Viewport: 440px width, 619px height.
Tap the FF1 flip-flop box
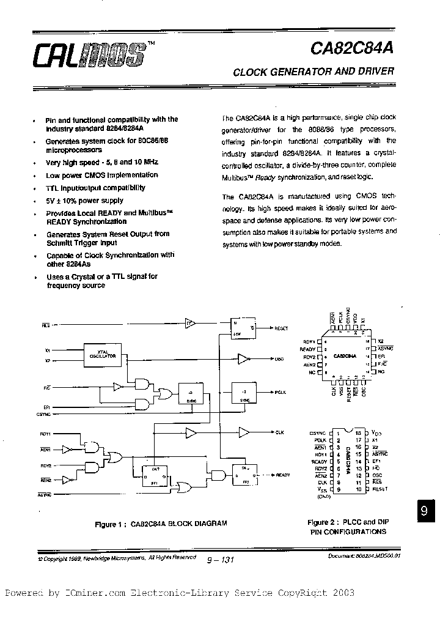[x=154, y=474]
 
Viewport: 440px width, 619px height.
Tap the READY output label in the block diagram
[x=282, y=475]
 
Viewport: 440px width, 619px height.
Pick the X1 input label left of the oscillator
[x=47, y=351]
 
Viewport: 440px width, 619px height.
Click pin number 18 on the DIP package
[x=359, y=432]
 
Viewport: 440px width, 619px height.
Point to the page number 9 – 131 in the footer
[x=220, y=559]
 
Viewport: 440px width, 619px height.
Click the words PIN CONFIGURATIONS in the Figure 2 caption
[x=348, y=532]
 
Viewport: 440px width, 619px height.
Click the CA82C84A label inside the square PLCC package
[x=345, y=355]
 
